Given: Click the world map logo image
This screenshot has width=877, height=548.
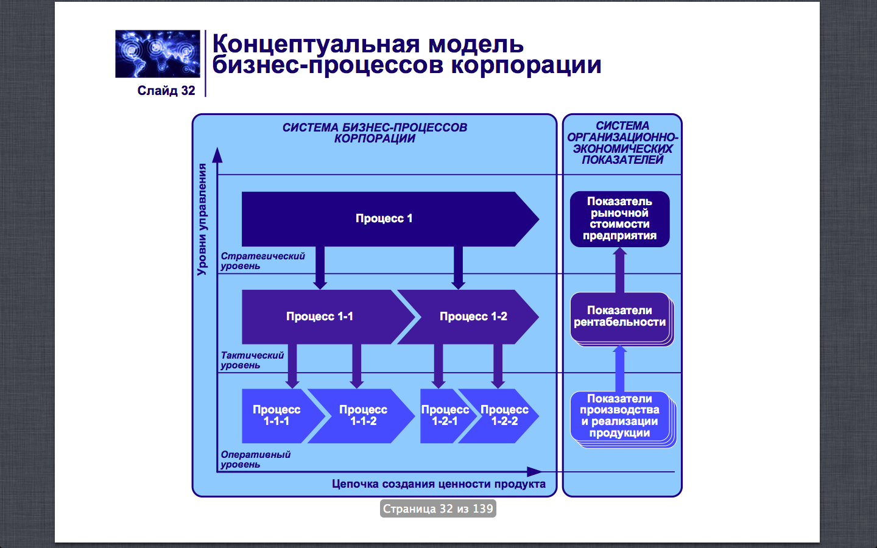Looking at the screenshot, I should point(158,54).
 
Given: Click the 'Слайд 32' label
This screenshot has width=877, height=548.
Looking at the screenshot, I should point(166,91).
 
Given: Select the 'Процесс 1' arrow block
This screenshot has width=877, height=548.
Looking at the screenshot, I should point(384,219).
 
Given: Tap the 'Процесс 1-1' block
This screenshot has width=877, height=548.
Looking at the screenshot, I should point(320,317).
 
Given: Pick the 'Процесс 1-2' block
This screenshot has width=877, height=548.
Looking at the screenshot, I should point(473,317).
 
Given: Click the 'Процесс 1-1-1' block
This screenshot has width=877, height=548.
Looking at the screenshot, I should point(276,415).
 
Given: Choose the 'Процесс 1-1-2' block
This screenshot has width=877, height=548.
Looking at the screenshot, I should point(363,415).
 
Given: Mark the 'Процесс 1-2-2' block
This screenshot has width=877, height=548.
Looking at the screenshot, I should point(504,415).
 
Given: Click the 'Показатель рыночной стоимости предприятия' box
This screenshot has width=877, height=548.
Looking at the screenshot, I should point(619,219).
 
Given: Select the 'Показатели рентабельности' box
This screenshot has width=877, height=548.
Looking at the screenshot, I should point(619,317).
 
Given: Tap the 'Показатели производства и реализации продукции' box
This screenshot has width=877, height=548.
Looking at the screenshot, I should point(619,416).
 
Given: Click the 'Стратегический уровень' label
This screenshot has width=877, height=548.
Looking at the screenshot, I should point(262,261).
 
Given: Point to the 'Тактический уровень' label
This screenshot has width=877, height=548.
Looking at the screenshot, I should point(252,360).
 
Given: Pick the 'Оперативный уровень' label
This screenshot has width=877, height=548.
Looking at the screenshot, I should point(255,460).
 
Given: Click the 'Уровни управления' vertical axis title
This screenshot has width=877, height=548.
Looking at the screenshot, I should point(202,220).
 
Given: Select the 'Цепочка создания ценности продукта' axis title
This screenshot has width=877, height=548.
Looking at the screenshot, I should point(438,484).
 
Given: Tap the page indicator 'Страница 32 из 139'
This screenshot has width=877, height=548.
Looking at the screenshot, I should point(438,508).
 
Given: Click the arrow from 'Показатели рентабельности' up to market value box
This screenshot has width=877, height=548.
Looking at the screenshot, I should point(619,271).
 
